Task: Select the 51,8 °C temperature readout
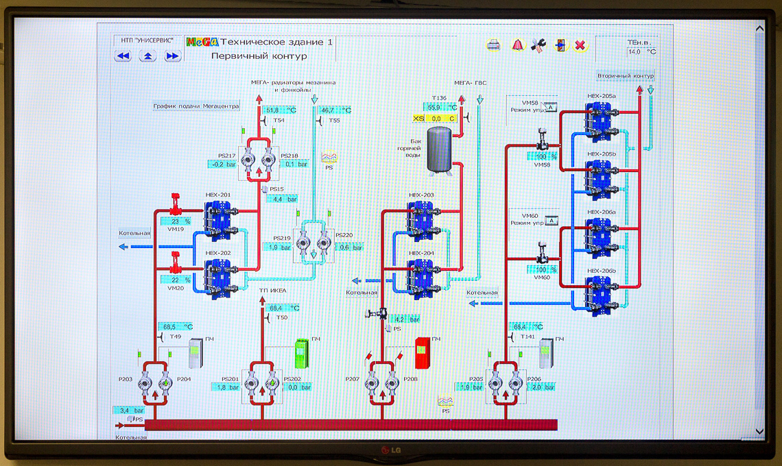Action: tap(280, 110)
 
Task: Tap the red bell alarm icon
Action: tap(517, 45)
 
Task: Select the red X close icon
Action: tap(580, 45)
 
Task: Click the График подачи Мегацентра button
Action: tap(196, 106)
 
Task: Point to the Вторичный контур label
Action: tap(626, 75)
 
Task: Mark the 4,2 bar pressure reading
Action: tap(406, 319)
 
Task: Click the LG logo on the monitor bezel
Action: tap(390, 450)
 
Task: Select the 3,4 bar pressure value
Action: tap(129, 410)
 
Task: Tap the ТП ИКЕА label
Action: tap(272, 291)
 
